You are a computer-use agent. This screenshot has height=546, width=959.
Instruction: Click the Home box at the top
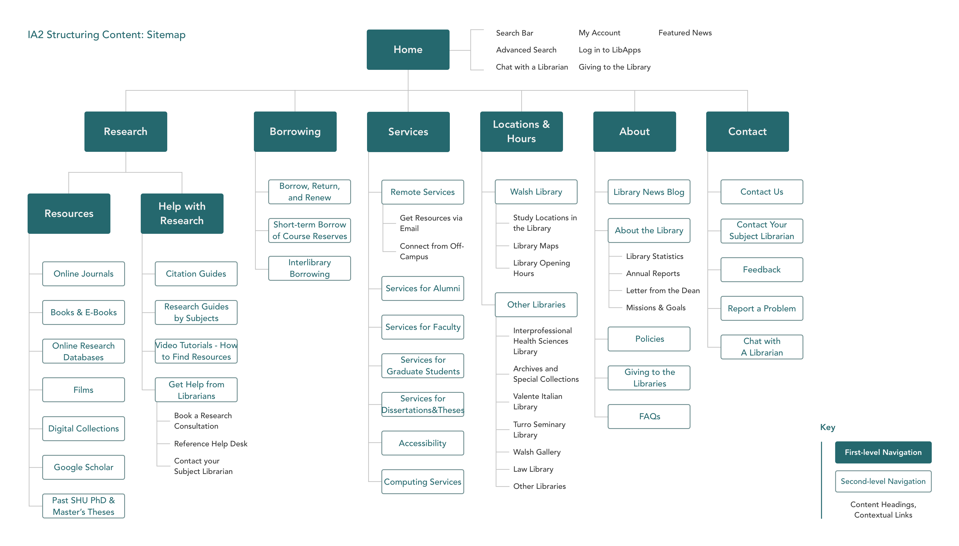tap(408, 49)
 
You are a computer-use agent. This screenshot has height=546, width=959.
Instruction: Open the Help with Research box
tap(182, 213)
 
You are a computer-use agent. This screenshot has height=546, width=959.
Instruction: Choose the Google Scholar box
tap(84, 467)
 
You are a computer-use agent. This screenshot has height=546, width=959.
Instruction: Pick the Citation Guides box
tap(196, 274)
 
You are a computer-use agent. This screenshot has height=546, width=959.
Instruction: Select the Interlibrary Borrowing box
tap(310, 268)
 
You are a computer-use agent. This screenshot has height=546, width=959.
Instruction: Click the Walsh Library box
tap(536, 192)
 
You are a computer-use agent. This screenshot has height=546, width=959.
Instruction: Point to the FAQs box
tap(649, 416)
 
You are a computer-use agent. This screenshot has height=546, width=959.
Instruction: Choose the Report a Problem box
tap(762, 308)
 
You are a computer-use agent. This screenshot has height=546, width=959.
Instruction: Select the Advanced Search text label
tap(526, 50)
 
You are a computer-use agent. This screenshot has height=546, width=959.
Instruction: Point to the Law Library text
tap(533, 469)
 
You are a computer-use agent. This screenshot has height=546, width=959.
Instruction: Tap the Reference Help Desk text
tap(211, 444)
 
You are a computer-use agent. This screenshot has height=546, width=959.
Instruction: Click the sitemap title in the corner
tap(107, 35)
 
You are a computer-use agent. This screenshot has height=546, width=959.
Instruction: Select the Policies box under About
tap(649, 339)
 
